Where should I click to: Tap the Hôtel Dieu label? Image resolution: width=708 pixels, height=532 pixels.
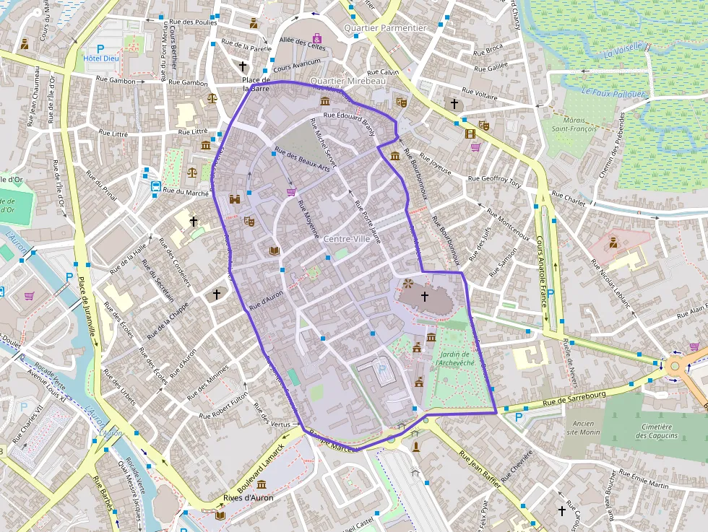point(102,58)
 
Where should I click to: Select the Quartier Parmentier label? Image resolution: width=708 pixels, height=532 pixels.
point(385,27)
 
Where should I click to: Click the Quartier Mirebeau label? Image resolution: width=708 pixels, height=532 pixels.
point(347,82)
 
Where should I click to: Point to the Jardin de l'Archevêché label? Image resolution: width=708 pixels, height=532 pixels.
point(454,359)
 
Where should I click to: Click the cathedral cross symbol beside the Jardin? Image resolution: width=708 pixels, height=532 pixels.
point(425,296)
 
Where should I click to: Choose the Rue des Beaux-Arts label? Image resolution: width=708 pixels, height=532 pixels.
point(302,159)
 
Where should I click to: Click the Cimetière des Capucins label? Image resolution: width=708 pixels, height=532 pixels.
point(657,431)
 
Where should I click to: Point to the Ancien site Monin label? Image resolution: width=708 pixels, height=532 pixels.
point(583,427)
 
